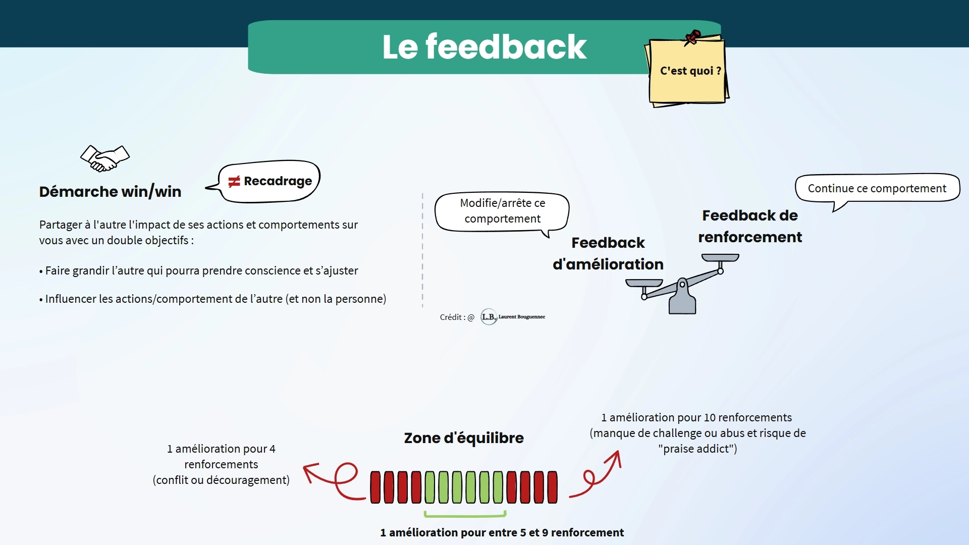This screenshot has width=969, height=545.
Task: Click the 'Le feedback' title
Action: [x=484, y=47]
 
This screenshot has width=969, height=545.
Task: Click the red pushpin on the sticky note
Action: [x=692, y=37]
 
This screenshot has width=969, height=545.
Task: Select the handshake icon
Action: [x=105, y=158]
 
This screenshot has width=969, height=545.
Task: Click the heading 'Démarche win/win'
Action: [x=110, y=192]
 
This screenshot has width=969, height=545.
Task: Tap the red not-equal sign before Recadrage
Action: [x=234, y=182]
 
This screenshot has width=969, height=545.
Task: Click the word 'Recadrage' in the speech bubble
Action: [x=278, y=181]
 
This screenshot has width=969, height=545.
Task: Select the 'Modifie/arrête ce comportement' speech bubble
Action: [x=502, y=211]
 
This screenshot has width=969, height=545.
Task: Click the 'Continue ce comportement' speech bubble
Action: [x=877, y=188]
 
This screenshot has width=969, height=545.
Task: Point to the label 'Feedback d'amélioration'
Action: [x=608, y=253]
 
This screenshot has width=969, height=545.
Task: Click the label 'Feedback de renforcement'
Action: [x=749, y=226]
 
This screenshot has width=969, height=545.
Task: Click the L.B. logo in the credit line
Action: [x=489, y=317]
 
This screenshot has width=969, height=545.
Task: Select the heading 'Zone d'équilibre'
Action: [x=464, y=438]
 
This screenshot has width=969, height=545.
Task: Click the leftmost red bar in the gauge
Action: [x=375, y=487]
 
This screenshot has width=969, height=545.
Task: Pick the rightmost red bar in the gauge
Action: [x=553, y=487]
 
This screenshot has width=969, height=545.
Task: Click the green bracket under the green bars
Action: [x=465, y=515]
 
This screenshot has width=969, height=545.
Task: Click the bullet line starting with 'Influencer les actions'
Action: [x=212, y=299]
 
